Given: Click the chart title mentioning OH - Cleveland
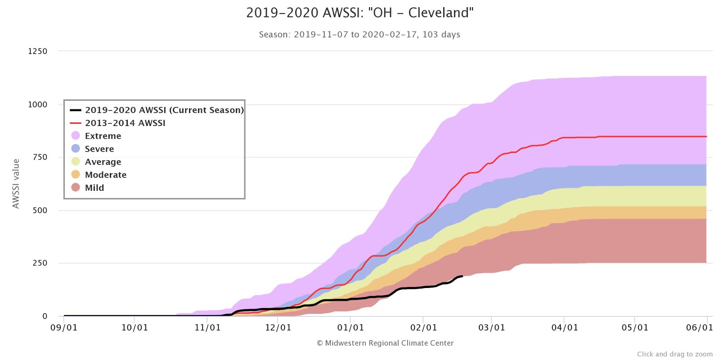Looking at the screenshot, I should click(360, 13).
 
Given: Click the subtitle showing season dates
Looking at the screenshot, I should click(359, 35).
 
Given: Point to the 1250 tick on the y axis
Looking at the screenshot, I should click(38, 51).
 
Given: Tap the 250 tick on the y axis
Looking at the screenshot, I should click(40, 263).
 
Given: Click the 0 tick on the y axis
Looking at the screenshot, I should click(45, 316).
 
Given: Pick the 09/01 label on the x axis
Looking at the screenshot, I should click(64, 328).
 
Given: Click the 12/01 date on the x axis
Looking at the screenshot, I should click(278, 328).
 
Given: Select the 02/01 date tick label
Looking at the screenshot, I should click(423, 328).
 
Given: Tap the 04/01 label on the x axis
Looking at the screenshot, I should click(565, 328).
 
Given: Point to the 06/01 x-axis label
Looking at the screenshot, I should click(699, 328).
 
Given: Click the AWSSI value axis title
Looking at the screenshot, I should click(16, 184).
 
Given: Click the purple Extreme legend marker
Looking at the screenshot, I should click(76, 136).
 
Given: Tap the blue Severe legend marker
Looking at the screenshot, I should click(76, 148).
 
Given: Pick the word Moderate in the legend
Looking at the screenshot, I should click(106, 175).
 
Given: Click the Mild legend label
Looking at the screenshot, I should click(94, 188).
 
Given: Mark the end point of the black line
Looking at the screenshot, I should click(462, 276).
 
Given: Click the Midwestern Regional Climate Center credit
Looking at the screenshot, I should click(385, 343).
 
